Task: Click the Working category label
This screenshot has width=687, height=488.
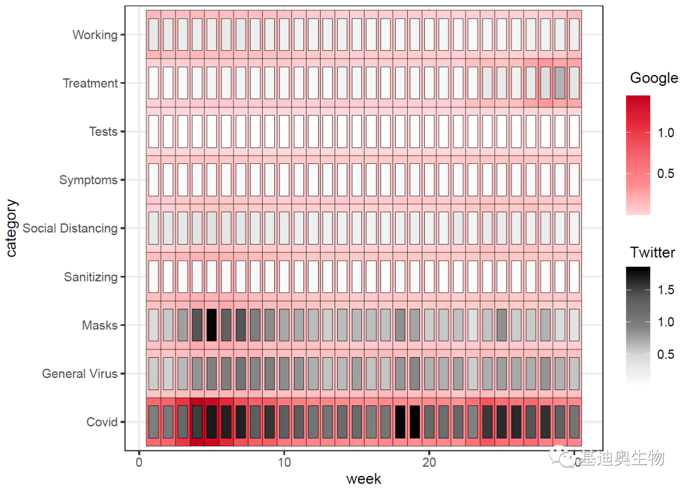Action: [95, 35]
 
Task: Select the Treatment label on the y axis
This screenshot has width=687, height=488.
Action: [90, 83]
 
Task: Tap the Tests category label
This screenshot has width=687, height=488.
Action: [103, 132]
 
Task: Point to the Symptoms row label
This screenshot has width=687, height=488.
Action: [88, 180]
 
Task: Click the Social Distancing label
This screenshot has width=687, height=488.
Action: [70, 228]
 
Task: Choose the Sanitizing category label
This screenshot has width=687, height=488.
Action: [91, 277]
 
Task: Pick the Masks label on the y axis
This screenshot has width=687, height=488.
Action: [100, 325]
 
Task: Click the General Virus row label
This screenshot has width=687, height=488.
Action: [80, 374]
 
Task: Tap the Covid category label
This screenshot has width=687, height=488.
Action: [102, 422]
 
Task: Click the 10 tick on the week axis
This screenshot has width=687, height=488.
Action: [284, 461]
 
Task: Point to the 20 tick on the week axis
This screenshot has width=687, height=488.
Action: [429, 461]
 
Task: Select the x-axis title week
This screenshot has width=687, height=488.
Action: [364, 478]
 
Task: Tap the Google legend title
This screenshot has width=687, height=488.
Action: [654, 78]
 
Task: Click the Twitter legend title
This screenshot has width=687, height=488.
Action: [653, 252]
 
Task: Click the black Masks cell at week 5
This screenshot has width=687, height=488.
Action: [212, 325]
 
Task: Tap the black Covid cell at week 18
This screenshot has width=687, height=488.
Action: [400, 422]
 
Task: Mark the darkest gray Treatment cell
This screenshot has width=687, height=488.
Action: [560, 83]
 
